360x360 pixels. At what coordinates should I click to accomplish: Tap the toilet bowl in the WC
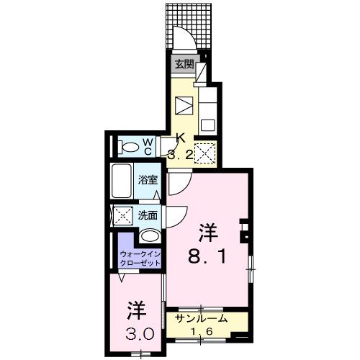(x=130, y=147)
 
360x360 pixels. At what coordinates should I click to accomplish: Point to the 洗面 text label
(x=147, y=214)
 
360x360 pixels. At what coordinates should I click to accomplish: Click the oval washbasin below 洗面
(x=150, y=236)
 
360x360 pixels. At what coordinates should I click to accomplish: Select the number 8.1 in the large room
(x=209, y=256)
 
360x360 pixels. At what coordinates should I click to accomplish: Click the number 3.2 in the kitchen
(x=180, y=153)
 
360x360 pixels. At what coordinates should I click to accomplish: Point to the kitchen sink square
(x=207, y=123)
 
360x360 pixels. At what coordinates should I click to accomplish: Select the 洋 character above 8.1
(x=209, y=232)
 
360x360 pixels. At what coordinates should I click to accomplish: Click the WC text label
(x=147, y=147)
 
